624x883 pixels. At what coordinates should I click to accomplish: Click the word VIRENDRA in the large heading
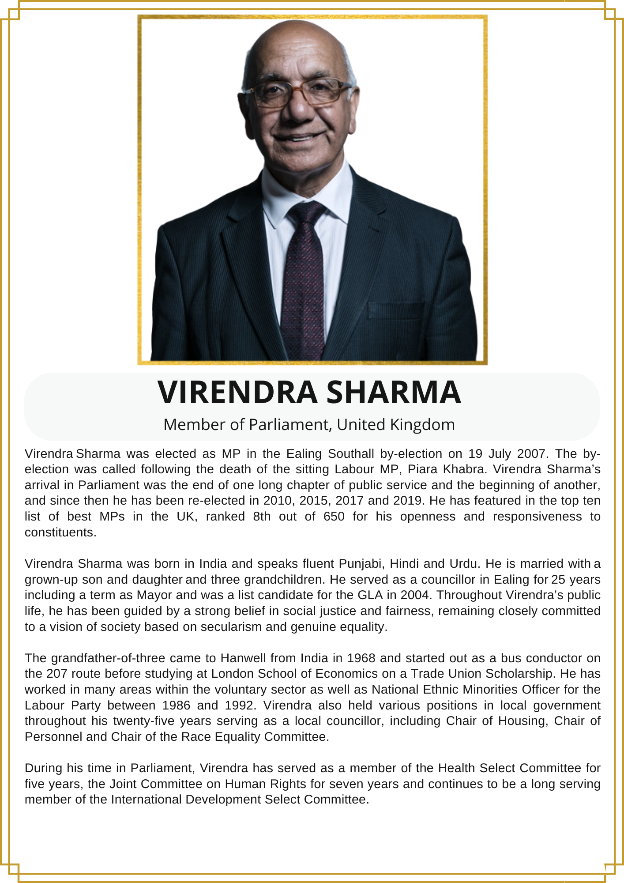pyautogui.click(x=237, y=392)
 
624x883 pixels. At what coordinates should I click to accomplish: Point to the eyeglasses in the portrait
pyautogui.click(x=298, y=93)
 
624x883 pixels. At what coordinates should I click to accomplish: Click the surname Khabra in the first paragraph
pyautogui.click(x=464, y=469)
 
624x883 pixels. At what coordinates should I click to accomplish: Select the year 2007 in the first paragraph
pyautogui.click(x=531, y=453)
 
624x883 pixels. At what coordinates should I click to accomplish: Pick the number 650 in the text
pyautogui.click(x=334, y=516)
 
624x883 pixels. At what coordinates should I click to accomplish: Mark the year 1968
pyautogui.click(x=361, y=658)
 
